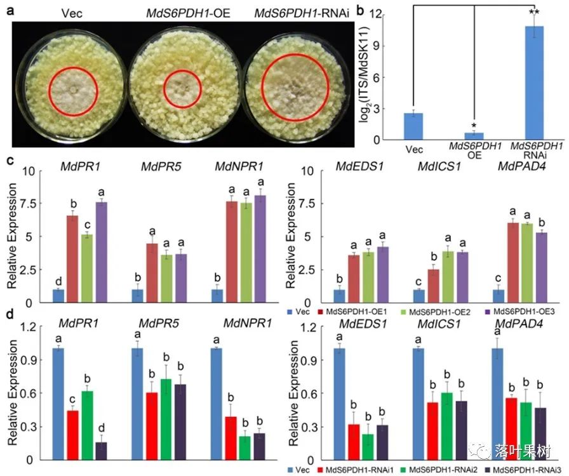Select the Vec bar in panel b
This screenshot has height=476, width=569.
tap(413, 126)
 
